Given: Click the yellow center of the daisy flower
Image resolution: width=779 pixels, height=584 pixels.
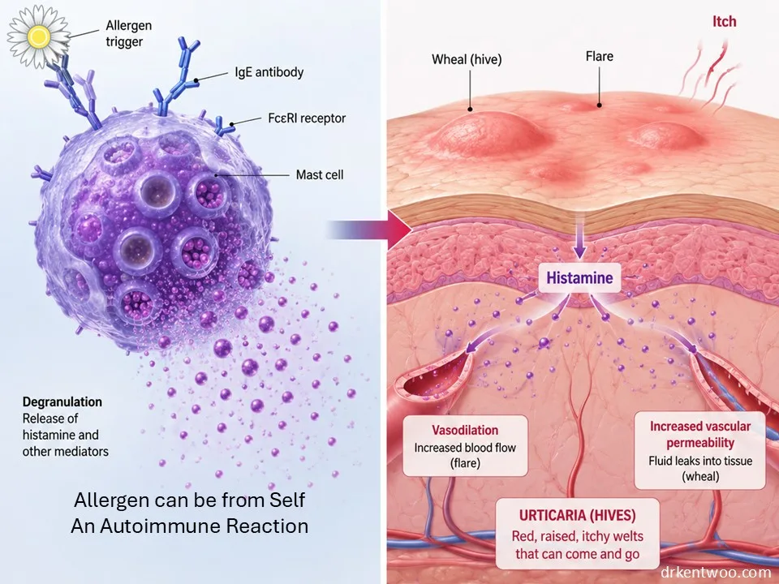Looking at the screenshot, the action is coord(39,36).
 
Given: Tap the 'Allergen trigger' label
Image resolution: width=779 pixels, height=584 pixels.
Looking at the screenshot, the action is coord(128,33).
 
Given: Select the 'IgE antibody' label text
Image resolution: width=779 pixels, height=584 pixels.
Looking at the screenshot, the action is coord(269,72).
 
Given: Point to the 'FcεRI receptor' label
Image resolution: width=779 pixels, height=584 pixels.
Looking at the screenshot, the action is coord(307,118).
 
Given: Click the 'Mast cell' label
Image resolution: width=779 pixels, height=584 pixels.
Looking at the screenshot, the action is coord(320,175).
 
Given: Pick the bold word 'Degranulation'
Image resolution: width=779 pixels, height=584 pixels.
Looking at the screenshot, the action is coord(62,401).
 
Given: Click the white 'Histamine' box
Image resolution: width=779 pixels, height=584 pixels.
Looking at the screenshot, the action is coord(579,277).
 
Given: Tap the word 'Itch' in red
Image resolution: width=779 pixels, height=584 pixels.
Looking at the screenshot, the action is coord(724,22).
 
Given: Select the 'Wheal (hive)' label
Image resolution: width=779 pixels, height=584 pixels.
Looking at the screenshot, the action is coord(467,59).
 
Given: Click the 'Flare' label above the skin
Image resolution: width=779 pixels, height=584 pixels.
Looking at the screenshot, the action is coord(599,56).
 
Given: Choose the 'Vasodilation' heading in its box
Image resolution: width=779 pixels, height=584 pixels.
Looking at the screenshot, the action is coord(464,430).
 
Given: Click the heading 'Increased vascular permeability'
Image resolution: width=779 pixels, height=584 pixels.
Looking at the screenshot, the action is coord(700,435).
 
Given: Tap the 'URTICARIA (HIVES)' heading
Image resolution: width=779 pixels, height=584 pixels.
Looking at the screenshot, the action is coord(577,515).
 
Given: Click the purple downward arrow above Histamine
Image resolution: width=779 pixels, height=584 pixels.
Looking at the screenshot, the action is coord(579,238).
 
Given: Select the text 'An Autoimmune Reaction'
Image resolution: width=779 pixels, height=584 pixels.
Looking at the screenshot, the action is coord(189,526).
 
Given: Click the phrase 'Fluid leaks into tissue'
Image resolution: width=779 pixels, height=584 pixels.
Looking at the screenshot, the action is coord(700,461).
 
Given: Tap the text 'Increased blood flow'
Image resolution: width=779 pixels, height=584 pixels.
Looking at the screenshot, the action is coord(465,448).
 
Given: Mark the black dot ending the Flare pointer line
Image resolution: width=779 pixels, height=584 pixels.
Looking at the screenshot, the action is coord(600,105).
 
